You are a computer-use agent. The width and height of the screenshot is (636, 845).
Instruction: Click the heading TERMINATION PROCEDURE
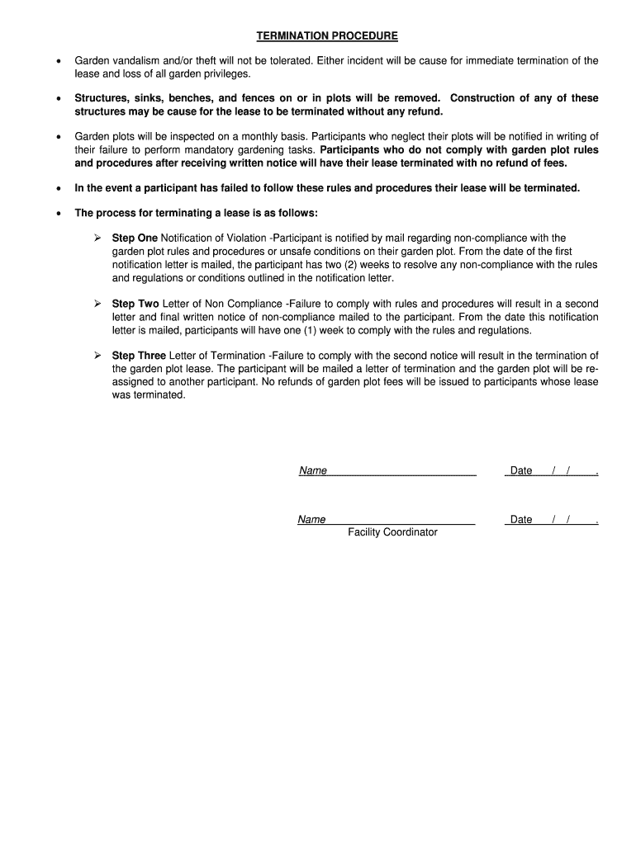[x=326, y=36]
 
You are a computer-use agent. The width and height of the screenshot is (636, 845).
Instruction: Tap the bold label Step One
[x=135, y=238]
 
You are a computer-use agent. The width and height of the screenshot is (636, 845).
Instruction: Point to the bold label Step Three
[x=139, y=356]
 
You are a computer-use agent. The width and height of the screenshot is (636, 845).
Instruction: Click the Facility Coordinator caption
[x=392, y=532]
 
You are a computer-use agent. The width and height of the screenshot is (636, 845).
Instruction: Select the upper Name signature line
[x=387, y=470]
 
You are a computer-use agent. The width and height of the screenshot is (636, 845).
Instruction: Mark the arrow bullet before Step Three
[x=97, y=356]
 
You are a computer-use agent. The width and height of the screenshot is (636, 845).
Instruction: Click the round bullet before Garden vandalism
[x=57, y=62]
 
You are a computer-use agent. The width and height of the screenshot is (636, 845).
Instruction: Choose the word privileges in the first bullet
[x=225, y=74]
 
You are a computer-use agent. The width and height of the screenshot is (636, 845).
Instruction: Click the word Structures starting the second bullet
[x=102, y=98]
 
